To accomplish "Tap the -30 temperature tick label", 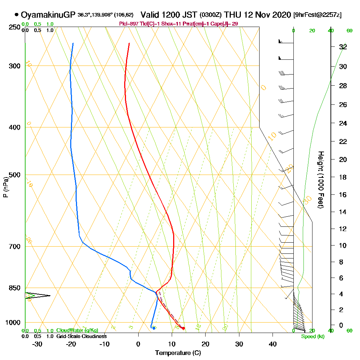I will pyautogui.click(x=37, y=344).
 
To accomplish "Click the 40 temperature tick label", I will pyautogui.click(x=273, y=344).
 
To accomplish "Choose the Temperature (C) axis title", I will pyautogui.click(x=178, y=353).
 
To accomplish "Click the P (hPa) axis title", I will pyautogui.click(x=5, y=187).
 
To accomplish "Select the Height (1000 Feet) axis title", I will pyautogui.click(x=320, y=180).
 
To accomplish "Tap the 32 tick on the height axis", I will pyautogui.click(x=343, y=47).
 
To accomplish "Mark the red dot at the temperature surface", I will pyautogui.click(x=183, y=328).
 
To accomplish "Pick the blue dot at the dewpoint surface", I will pyautogui.click(x=154, y=328).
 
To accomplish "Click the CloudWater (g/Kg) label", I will pyautogui.click(x=77, y=330).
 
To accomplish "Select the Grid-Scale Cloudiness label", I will pyautogui.click(x=81, y=336).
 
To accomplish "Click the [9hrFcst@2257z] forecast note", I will pyautogui.click(x=318, y=15).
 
